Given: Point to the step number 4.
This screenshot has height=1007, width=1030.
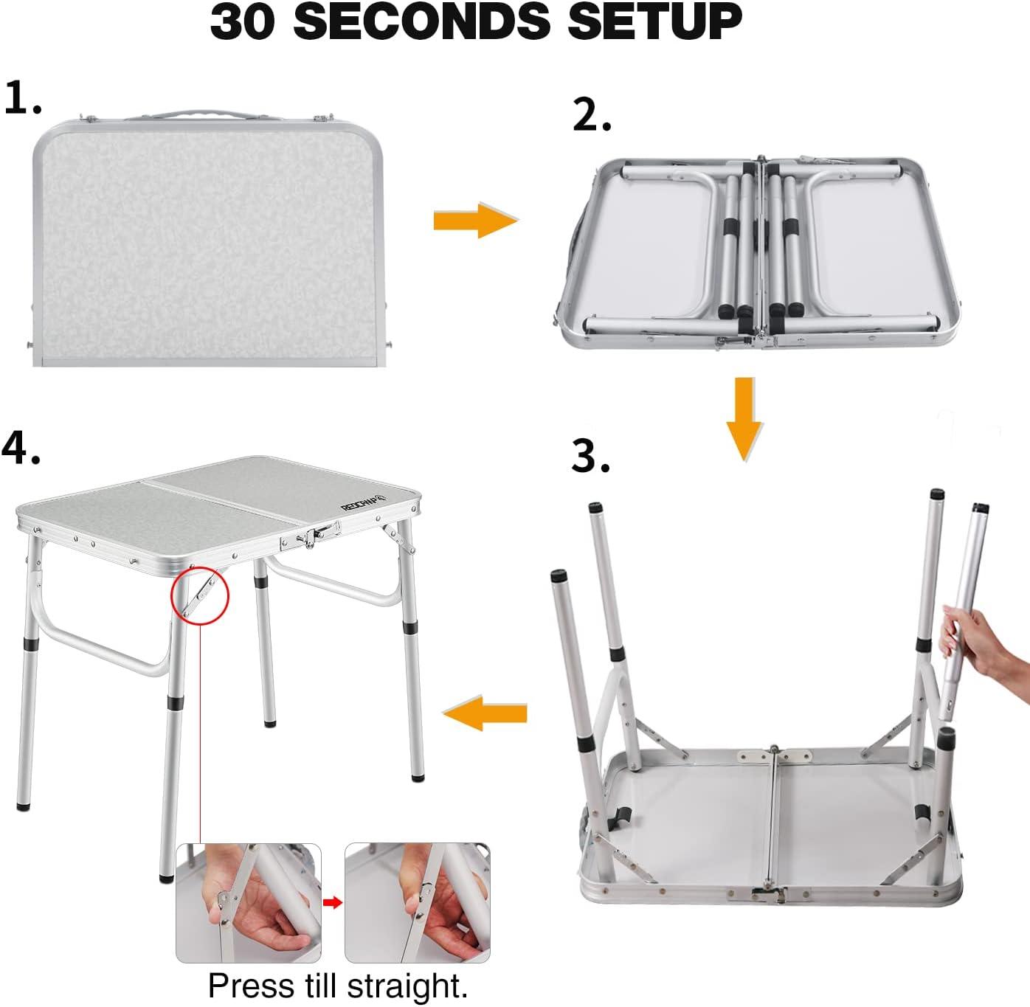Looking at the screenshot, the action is tap(21, 448).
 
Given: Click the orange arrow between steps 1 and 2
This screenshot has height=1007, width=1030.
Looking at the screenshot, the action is tap(475, 220).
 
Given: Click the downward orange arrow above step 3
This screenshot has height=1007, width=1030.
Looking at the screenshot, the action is tap(744, 418).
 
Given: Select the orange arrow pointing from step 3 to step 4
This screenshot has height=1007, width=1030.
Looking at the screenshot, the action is tap(484, 713).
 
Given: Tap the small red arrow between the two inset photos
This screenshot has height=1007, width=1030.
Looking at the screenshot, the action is tap(333, 902).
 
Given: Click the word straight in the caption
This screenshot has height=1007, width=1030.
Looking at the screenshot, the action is tap(407, 986).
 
